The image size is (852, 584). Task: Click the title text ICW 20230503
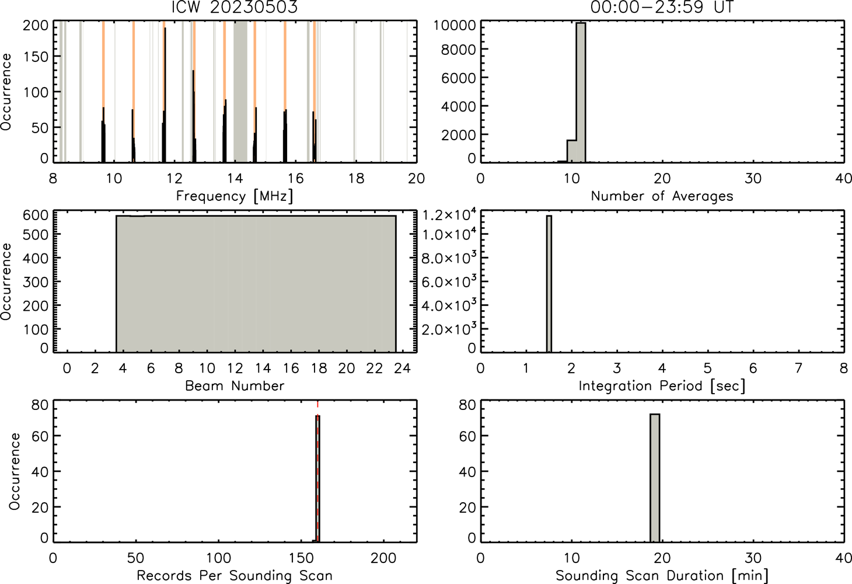(235, 6)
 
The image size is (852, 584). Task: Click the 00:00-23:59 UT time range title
(662, 6)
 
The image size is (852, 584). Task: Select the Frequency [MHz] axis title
(235, 196)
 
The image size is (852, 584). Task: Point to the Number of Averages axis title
(662, 196)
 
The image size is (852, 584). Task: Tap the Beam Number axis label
(235, 386)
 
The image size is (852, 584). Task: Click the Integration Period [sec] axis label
(662, 386)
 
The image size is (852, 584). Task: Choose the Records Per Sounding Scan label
(235, 576)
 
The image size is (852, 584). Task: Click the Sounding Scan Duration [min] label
(662, 576)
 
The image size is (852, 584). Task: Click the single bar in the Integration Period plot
(549, 284)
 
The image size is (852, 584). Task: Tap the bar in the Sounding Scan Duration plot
(655, 478)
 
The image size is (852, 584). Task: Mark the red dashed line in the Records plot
(317, 471)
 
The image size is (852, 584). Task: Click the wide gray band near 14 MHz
(240, 92)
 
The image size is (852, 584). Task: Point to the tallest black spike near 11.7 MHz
(165, 95)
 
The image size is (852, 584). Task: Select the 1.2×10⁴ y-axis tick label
(449, 215)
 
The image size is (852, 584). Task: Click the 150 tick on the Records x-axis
(301, 558)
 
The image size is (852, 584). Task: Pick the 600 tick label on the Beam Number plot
(36, 215)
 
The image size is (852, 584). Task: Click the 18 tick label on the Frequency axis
(356, 179)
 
